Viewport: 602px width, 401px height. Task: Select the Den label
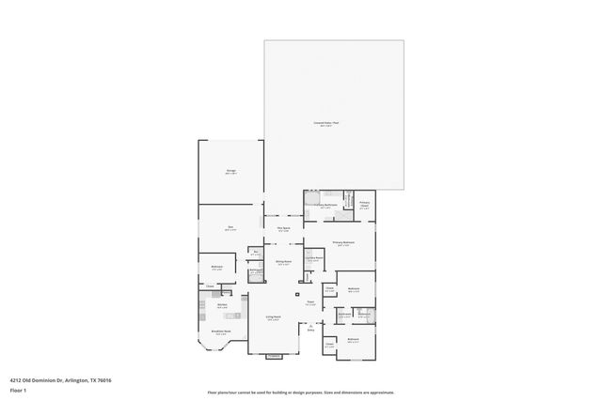pyautogui.click(x=230, y=227)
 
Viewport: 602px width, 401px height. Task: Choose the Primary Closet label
pyautogui.click(x=364, y=204)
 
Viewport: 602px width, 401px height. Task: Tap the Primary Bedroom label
pyautogui.click(x=342, y=243)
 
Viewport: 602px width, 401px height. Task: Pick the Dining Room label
pyautogui.click(x=282, y=264)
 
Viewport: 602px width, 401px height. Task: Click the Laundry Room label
pyautogui.click(x=314, y=258)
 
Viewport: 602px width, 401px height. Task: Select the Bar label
pyautogui.click(x=255, y=252)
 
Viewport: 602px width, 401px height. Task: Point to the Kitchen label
pyautogui.click(x=224, y=305)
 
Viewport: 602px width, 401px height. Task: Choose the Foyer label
pyautogui.click(x=310, y=301)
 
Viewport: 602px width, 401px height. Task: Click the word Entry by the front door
pyautogui.click(x=310, y=330)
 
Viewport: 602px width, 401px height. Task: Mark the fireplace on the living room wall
pyautogui.click(x=274, y=356)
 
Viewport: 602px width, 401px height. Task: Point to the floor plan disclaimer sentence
pyautogui.click(x=300, y=392)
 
